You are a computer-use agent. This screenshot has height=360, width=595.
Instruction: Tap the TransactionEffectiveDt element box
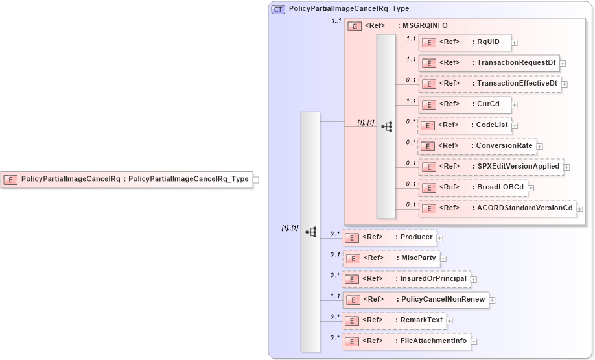(489, 84)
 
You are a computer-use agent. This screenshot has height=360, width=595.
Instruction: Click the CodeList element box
(464, 125)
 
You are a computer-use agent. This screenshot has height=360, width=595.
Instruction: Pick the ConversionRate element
(477, 146)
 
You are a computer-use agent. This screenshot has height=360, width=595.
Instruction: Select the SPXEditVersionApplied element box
(491, 167)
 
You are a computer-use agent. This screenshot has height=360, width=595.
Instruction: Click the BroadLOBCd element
(472, 187)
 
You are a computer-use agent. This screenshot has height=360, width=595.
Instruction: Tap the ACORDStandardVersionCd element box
(497, 208)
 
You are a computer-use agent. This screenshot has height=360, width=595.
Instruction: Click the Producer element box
(389, 237)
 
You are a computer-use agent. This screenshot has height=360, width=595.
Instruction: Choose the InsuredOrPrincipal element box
(406, 279)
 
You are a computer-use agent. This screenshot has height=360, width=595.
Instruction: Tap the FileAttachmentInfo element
(406, 341)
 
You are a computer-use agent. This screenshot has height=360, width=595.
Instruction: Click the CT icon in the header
(279, 9)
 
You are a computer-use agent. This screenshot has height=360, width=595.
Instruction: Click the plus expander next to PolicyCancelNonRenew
(493, 300)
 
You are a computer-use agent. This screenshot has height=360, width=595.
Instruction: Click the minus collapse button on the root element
(256, 180)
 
